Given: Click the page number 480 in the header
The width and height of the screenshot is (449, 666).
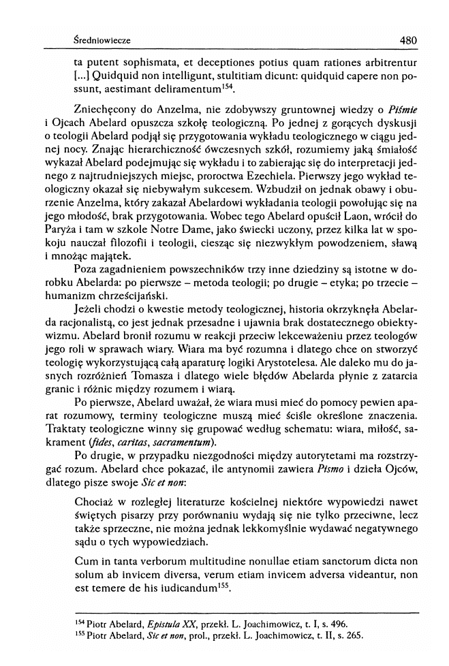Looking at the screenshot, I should [408, 40].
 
